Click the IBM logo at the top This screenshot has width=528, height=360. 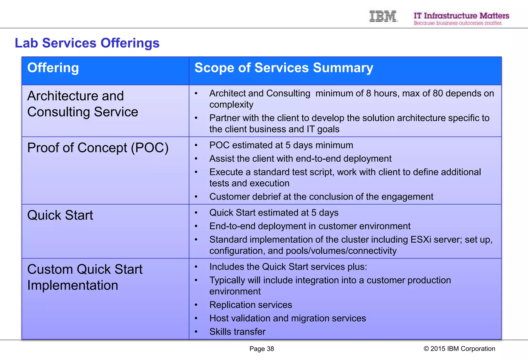tap(383, 16)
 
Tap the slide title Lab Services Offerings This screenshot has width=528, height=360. tap(87, 43)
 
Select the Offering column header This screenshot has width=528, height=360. tap(53, 68)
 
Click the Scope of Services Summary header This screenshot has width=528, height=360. tap(284, 68)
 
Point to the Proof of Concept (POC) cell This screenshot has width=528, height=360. tap(98, 148)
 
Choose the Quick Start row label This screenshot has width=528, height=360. tap(60, 215)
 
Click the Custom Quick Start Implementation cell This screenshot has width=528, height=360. tap(85, 277)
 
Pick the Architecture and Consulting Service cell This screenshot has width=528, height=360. tap(82, 104)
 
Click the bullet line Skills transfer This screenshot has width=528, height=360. tap(237, 332)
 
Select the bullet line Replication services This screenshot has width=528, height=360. tap(251, 305)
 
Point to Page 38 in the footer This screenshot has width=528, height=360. tap(261, 349)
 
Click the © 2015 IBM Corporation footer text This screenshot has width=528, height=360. tap(459, 349)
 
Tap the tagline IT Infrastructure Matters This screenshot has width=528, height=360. tap(461, 16)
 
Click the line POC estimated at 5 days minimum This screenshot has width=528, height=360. tap(281, 145)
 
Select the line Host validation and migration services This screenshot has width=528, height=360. tap(287, 318)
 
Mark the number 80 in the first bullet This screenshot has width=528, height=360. tap(438, 93)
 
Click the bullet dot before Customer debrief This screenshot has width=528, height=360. tap(196, 197)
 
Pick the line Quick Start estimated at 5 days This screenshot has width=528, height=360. tap(274, 213)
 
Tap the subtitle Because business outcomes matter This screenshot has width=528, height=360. tap(458, 23)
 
